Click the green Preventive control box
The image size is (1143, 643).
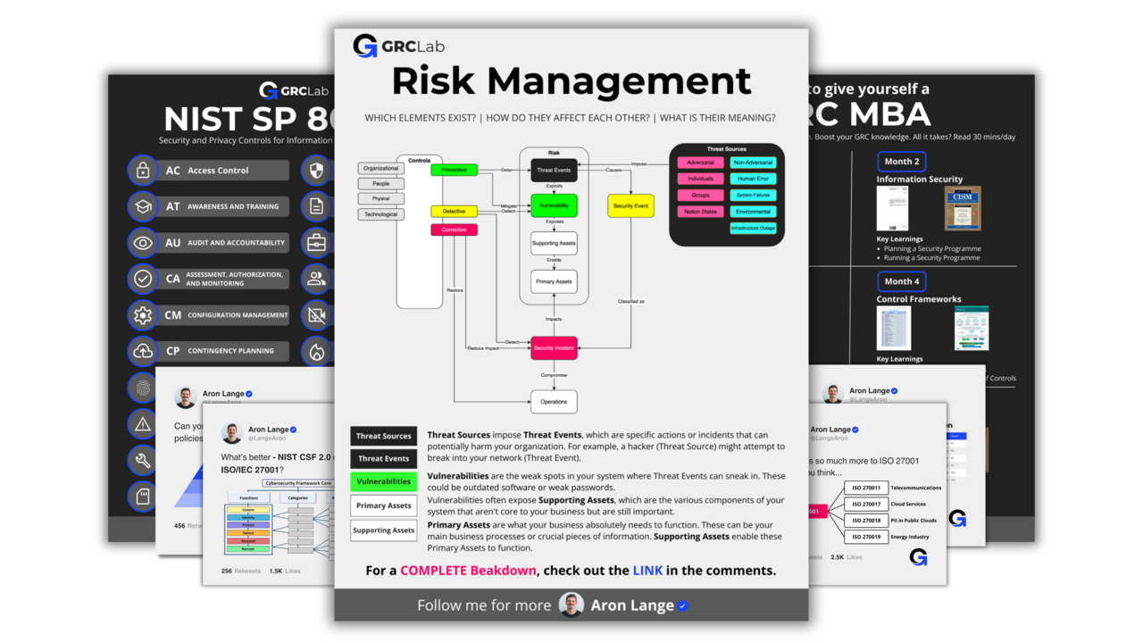[x=454, y=170]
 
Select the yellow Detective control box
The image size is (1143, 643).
[x=454, y=212]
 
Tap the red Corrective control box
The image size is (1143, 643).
[x=454, y=230]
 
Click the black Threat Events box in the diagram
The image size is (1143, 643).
[x=554, y=170]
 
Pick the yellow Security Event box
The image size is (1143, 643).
[x=630, y=206]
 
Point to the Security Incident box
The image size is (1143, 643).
[x=554, y=347]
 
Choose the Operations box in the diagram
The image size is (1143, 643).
[x=554, y=402]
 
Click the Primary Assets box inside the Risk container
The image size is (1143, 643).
[x=554, y=281]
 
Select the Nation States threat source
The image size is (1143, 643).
[x=700, y=212]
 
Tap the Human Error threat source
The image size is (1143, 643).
[x=753, y=179]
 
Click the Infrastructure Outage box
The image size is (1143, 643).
[x=753, y=228]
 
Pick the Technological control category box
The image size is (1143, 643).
[x=380, y=214]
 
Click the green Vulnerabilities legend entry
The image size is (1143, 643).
[x=383, y=481]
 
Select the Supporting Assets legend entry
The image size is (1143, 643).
[x=383, y=530]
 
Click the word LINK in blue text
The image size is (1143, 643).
[x=647, y=571]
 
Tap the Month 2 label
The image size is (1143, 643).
[x=901, y=162]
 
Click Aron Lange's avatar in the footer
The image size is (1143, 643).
[x=571, y=605]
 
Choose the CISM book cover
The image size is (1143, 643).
[x=963, y=209]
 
